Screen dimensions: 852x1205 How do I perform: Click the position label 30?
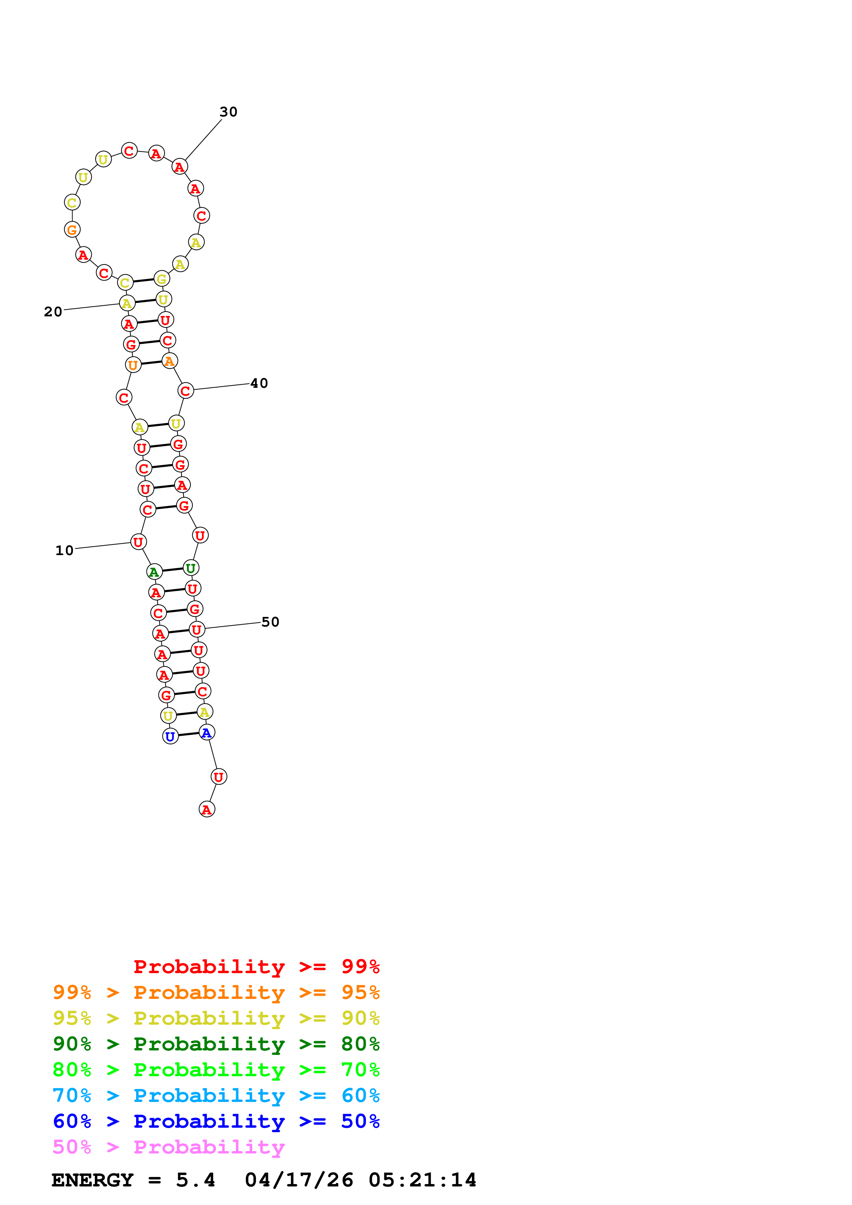point(228,112)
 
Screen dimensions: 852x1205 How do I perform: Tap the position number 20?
point(53,312)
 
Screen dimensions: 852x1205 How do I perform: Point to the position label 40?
point(259,383)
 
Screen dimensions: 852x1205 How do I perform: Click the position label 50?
point(270,622)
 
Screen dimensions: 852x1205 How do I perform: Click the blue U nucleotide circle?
point(170,736)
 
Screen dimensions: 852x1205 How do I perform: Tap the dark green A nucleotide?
point(154,572)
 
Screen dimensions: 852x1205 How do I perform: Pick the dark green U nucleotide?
point(190,568)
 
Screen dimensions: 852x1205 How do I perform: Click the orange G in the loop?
point(72,229)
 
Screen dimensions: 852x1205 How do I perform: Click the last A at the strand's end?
point(207,809)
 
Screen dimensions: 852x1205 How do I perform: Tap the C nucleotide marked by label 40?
point(185,391)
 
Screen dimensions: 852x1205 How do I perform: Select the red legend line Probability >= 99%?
point(256,966)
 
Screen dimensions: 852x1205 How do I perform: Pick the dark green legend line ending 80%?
point(216,1044)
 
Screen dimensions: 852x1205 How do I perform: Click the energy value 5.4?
point(195,1180)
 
